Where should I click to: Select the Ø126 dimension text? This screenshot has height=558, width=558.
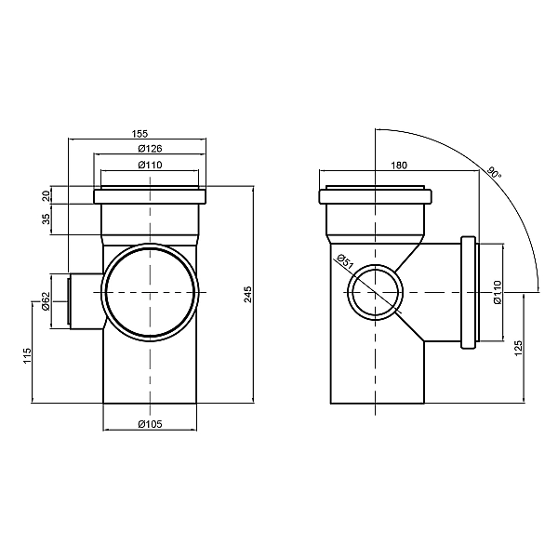(x=151, y=149)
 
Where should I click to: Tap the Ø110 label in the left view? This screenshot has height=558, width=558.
(x=151, y=166)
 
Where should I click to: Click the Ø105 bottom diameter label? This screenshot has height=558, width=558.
(x=151, y=425)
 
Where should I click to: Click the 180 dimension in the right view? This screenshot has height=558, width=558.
(x=399, y=166)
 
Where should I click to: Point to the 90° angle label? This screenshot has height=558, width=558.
(x=494, y=173)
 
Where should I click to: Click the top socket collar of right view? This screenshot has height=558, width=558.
(x=376, y=197)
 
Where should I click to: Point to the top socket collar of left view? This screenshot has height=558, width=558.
(x=151, y=197)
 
